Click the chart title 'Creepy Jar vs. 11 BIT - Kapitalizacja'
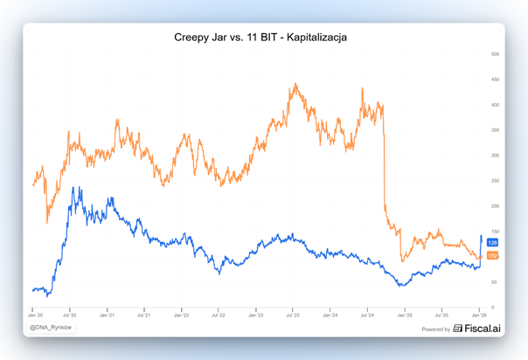[x=261, y=38]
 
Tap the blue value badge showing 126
[x=492, y=243]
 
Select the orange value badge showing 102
[x=492, y=255]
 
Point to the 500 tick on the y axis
[x=494, y=54]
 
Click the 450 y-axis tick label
[x=494, y=80]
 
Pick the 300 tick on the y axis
[x=494, y=156]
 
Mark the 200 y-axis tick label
[x=494, y=206]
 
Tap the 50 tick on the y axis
[x=495, y=282]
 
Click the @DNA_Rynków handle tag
[x=52, y=328]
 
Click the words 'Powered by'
[x=435, y=329]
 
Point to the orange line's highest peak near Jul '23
[x=295, y=84]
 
